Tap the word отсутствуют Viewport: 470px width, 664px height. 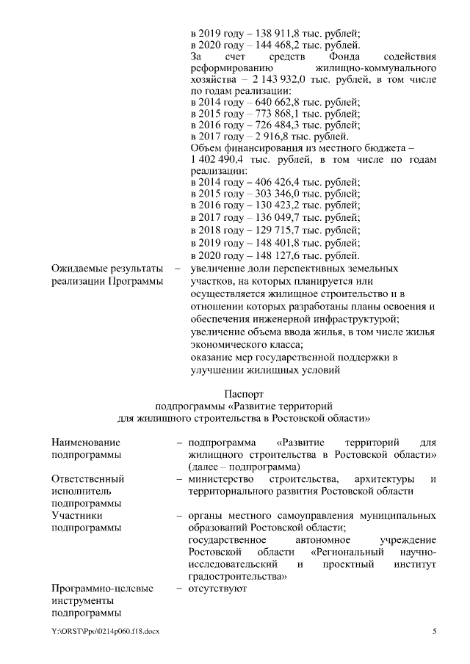coord(218,588)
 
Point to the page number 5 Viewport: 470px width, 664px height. coord(434,632)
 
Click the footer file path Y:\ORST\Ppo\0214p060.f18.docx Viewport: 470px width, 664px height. coord(104,632)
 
